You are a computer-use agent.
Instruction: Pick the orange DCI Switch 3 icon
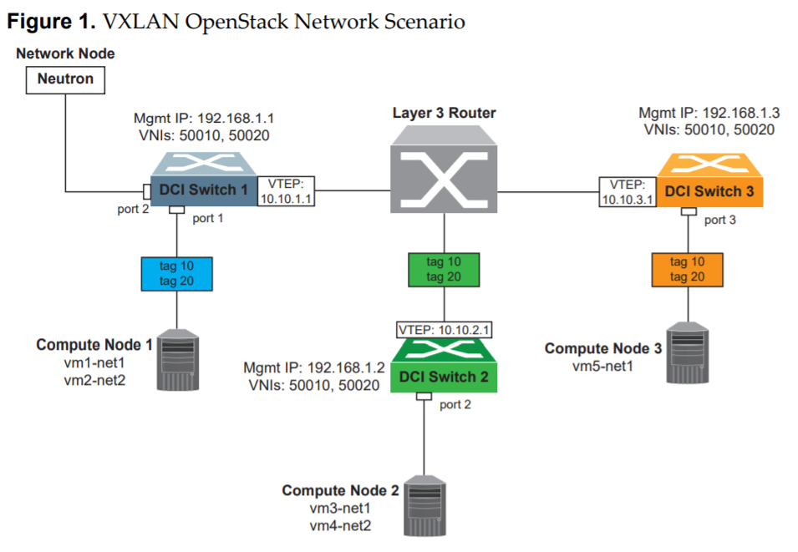pyautogui.click(x=709, y=182)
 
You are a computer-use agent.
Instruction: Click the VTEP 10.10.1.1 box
pyautogui.click(x=286, y=191)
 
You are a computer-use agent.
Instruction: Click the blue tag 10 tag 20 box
pyautogui.click(x=176, y=273)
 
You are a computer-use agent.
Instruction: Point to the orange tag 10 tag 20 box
pyautogui.click(x=687, y=269)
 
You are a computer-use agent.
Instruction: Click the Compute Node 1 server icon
pyautogui.click(x=180, y=359)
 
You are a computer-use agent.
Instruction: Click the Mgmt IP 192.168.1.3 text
pyautogui.click(x=709, y=113)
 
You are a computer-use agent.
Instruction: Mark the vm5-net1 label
pyautogui.click(x=602, y=366)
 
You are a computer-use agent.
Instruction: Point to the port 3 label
pyautogui.click(x=720, y=220)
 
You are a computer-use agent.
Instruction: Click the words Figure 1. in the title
pyautogui.click(x=50, y=21)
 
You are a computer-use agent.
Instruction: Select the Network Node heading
pyautogui.click(x=64, y=53)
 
